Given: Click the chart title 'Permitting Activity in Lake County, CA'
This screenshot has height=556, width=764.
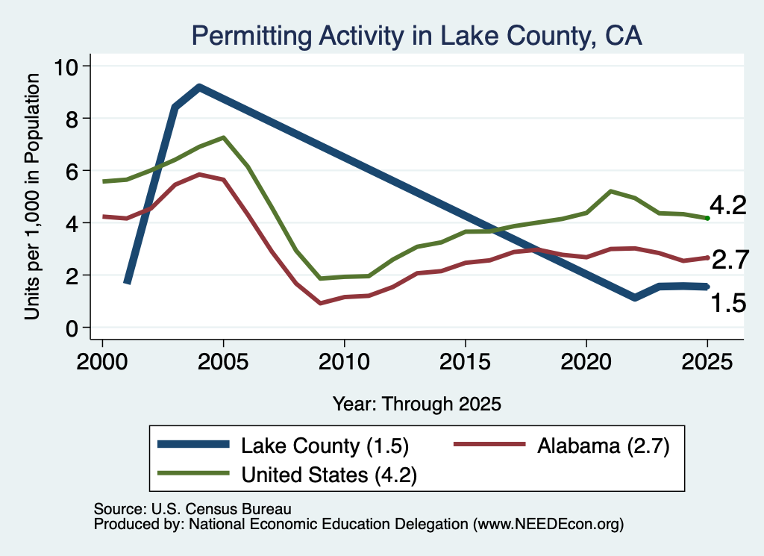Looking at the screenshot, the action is click(416, 36).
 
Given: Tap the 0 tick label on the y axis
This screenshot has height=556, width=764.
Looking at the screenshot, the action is click(72, 328).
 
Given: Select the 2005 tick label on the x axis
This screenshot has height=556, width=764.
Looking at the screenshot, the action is click(223, 362).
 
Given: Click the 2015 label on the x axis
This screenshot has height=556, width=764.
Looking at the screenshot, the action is click(466, 362).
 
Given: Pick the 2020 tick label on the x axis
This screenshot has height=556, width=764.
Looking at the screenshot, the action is click(586, 362).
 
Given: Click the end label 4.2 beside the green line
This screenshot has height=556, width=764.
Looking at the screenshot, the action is click(728, 205).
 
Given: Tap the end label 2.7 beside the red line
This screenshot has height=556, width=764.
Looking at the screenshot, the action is click(730, 260).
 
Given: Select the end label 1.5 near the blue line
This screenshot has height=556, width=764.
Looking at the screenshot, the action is click(728, 303).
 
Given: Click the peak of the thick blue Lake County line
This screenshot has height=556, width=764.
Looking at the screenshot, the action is click(198, 88).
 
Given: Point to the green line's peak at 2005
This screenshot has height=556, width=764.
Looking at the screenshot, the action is click(223, 137).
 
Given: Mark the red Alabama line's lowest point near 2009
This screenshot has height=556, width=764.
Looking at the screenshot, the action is click(320, 303).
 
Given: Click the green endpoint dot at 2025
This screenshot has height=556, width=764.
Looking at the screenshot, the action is click(707, 219).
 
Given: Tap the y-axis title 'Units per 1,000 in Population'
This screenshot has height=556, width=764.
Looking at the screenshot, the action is click(31, 196).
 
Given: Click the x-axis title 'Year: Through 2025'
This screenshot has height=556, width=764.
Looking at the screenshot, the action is click(417, 404).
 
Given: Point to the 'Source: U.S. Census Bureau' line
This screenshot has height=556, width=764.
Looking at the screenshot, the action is click(192, 509).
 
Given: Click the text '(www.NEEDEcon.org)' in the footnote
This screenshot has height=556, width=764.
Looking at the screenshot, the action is click(548, 525).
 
